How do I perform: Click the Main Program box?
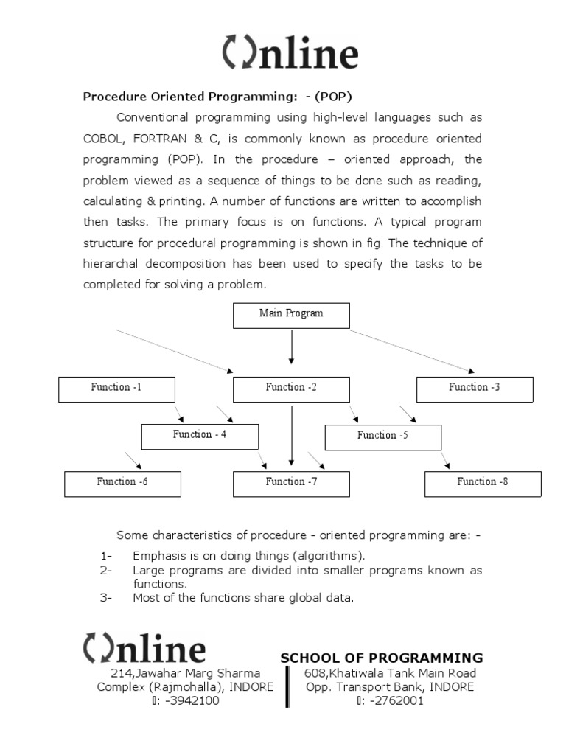click(x=291, y=316)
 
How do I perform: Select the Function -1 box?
click(x=116, y=389)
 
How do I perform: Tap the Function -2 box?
click(x=291, y=389)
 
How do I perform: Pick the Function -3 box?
click(x=475, y=389)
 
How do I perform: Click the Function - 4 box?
click(x=200, y=436)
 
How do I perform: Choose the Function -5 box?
click(x=382, y=437)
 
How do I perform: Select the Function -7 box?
click(x=291, y=484)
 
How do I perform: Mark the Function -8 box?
click(x=483, y=484)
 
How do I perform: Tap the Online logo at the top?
click(x=290, y=55)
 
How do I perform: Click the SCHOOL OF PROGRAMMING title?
click(x=382, y=658)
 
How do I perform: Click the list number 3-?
click(x=105, y=598)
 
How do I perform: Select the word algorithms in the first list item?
click(x=329, y=556)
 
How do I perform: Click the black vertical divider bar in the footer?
click(x=287, y=686)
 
